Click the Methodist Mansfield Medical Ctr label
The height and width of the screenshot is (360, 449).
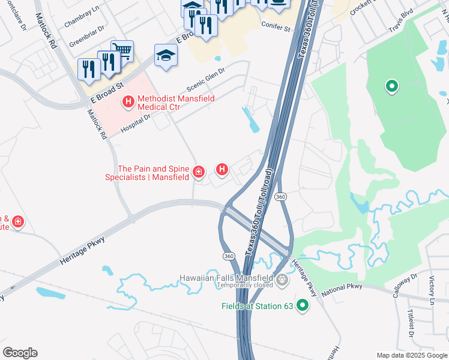[x=167, y=103]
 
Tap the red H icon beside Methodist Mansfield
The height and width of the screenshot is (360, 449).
[x=128, y=103]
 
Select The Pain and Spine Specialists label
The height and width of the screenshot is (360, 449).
[x=148, y=173]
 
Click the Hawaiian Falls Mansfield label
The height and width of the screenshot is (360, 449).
[x=226, y=278]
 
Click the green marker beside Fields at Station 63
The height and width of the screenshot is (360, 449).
[x=303, y=306]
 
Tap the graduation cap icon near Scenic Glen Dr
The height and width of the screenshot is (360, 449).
[x=166, y=55]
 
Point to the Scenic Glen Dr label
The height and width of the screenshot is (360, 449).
[x=205, y=79]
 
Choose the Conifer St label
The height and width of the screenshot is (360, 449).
[x=276, y=28]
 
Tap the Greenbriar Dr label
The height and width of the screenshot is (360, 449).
[x=87, y=37]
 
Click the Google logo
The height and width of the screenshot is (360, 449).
[x=20, y=352]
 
